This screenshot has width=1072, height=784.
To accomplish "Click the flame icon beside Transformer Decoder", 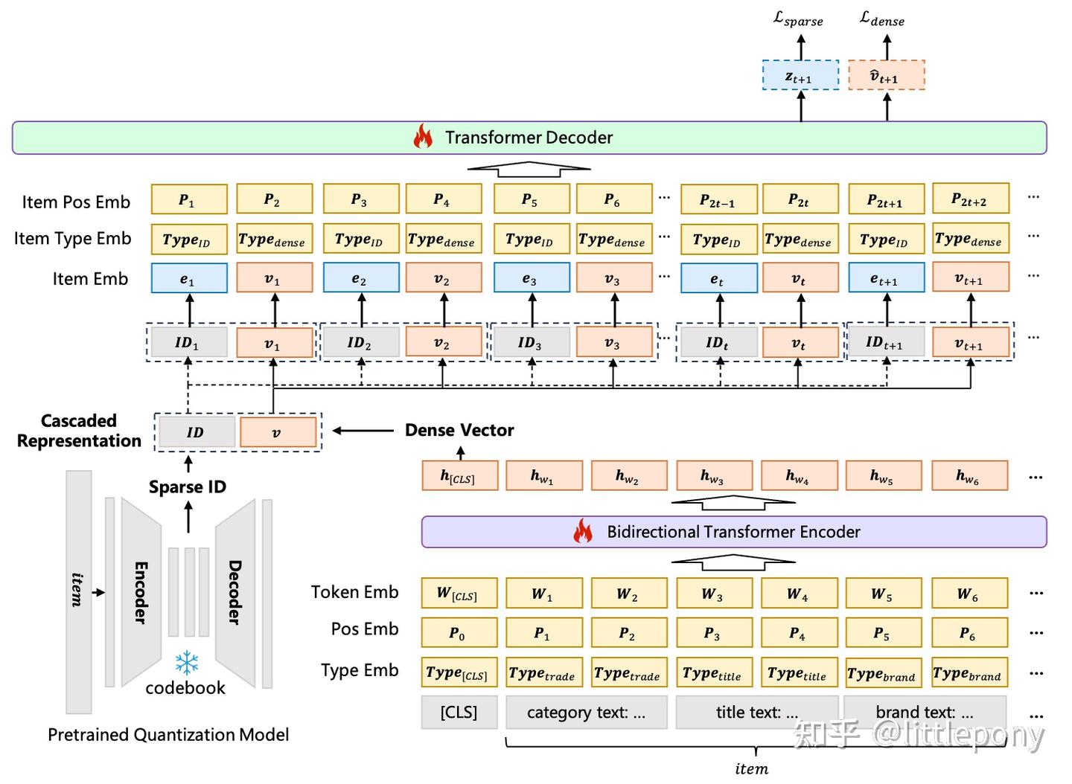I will pyautogui.click(x=423, y=137).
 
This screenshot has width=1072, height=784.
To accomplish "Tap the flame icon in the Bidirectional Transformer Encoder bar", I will pyautogui.click(x=582, y=531).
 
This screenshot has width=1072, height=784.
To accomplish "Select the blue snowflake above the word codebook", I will pyautogui.click(x=186, y=663).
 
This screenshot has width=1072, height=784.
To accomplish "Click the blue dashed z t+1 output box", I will pyautogui.click(x=800, y=76).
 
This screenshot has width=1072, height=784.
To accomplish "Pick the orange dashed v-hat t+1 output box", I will pyautogui.click(x=886, y=76).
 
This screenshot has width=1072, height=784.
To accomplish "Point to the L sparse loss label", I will pyautogui.click(x=798, y=19).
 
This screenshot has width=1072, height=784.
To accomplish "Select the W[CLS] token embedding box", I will pyautogui.click(x=459, y=594).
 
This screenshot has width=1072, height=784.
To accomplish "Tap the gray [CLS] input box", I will pyautogui.click(x=459, y=712).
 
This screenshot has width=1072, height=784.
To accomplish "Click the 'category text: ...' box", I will pyautogui.click(x=586, y=712).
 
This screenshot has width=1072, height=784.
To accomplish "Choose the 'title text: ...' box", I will pyautogui.click(x=756, y=712).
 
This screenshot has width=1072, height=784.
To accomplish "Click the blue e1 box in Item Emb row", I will pyautogui.click(x=189, y=278).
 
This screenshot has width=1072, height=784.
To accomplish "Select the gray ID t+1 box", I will pyautogui.click(x=886, y=342).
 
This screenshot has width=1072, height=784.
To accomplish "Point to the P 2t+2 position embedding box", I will pyautogui.click(x=970, y=199).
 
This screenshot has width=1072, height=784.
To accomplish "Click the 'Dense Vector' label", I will pyautogui.click(x=459, y=430).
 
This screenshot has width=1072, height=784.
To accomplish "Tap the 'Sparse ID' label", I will pyautogui.click(x=188, y=486).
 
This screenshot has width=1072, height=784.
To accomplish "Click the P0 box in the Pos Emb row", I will pyautogui.click(x=459, y=633).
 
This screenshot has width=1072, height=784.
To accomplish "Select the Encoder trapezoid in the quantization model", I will pyautogui.click(x=141, y=592).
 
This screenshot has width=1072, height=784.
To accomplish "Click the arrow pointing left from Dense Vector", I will pyautogui.click(x=363, y=430).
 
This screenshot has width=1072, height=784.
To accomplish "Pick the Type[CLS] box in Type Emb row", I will pyautogui.click(x=459, y=672).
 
